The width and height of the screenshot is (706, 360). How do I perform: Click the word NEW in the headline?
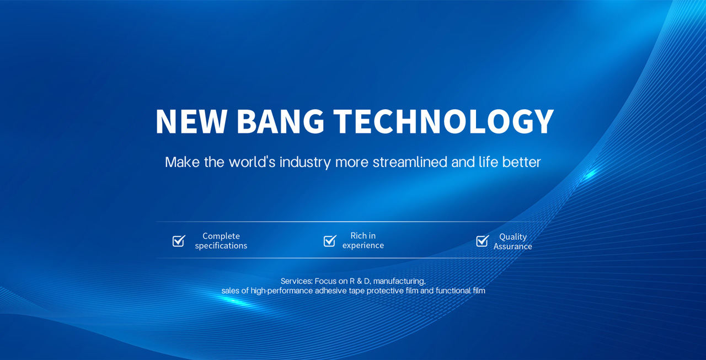click(191, 121)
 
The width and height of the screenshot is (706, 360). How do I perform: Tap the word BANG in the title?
click(281, 121)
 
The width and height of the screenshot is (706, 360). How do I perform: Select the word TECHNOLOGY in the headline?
click(443, 121)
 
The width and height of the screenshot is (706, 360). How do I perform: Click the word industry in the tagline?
click(305, 163)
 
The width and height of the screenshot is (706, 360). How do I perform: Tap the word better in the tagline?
click(521, 162)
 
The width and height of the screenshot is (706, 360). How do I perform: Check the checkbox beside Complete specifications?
click(179, 241)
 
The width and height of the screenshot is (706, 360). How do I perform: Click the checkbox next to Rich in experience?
click(330, 241)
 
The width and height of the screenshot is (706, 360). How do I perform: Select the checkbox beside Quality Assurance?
click(482, 241)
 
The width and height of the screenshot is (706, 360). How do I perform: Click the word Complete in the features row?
click(221, 236)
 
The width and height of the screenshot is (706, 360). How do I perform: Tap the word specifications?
click(221, 246)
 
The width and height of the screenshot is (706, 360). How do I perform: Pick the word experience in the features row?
click(363, 245)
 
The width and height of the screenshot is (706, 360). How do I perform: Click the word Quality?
click(513, 237)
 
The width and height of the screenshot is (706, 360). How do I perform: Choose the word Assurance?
click(513, 246)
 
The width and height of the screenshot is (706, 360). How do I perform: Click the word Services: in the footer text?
click(296, 281)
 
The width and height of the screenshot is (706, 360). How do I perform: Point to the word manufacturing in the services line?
click(399, 281)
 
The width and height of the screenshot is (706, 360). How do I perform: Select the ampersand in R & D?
click(359, 281)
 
